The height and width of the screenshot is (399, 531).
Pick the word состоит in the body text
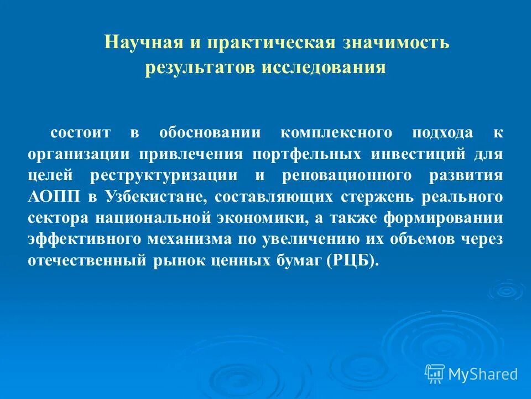pos(81,133)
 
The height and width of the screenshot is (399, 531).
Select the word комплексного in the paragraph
pos(336,133)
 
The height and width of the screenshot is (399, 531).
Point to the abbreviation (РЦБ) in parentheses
pos(353,260)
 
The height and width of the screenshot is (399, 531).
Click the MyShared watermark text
pos(483,374)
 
